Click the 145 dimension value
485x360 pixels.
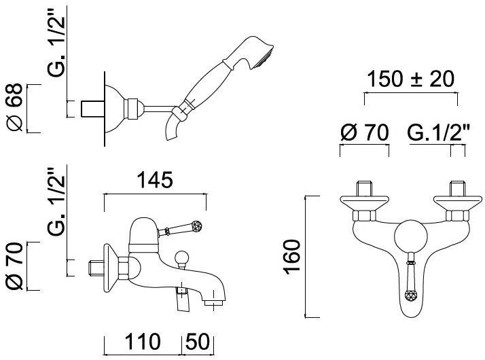pyautogui.click(x=155, y=180)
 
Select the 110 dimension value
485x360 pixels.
pyautogui.click(x=142, y=342)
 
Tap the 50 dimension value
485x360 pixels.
pyautogui.click(x=198, y=342)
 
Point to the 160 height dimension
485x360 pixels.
pyautogui.click(x=291, y=256)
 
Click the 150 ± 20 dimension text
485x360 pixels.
pyautogui.click(x=410, y=79)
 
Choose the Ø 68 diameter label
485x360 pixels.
pyautogui.click(x=14, y=107)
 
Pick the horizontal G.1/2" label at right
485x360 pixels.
pyautogui.click(x=438, y=132)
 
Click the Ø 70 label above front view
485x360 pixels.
pyautogui.click(x=364, y=132)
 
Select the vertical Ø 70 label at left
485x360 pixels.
pyautogui.click(x=14, y=266)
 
